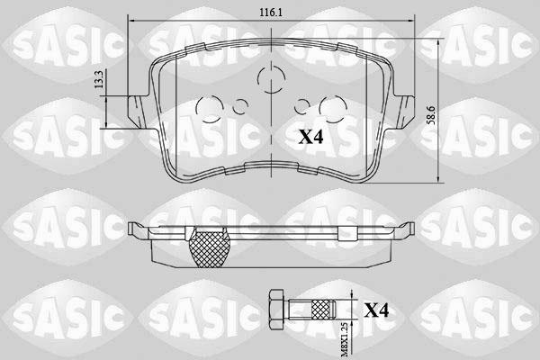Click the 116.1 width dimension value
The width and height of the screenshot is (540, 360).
click(271, 13)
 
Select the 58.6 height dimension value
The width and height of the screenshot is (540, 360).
click(432, 115)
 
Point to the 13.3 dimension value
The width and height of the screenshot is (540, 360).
click(99, 79)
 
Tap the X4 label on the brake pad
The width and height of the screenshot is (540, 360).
click(311, 137)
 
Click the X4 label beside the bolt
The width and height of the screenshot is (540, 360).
click(377, 310)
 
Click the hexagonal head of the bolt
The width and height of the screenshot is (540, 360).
click(275, 310)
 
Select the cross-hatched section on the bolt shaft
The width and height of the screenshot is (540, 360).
click(320, 309)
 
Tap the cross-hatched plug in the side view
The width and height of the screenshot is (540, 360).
click(209, 248)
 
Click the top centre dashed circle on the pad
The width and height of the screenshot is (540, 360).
click(272, 79)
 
